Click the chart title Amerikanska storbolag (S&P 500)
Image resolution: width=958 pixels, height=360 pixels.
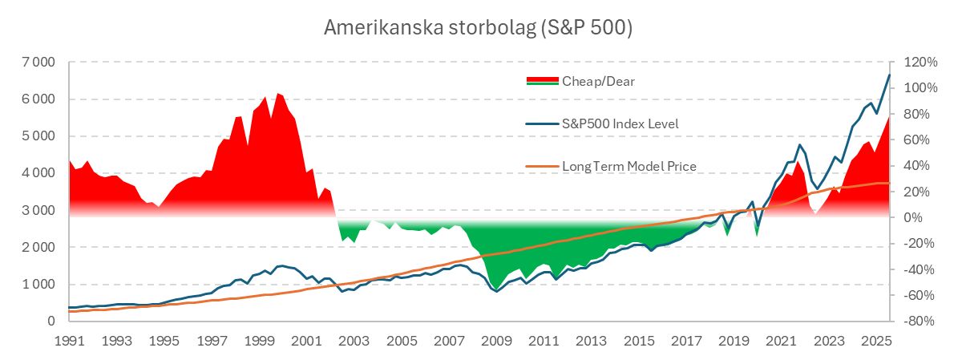pos(479,27)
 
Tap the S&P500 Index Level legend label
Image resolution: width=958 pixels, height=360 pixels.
pos(620,123)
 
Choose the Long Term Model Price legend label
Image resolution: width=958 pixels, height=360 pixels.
pos(629,166)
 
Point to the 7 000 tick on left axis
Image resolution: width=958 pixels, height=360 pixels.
pos(38,63)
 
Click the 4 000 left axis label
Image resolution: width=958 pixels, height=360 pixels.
pos(38,173)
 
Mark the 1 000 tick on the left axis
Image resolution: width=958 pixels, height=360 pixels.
pos(38,285)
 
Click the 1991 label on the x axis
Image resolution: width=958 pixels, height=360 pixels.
pos(70,341)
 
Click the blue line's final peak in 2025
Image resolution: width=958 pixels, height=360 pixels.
pos(889,75)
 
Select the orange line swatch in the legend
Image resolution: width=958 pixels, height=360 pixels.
pos(542,166)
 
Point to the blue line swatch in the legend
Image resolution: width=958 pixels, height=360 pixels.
pos(542,123)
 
